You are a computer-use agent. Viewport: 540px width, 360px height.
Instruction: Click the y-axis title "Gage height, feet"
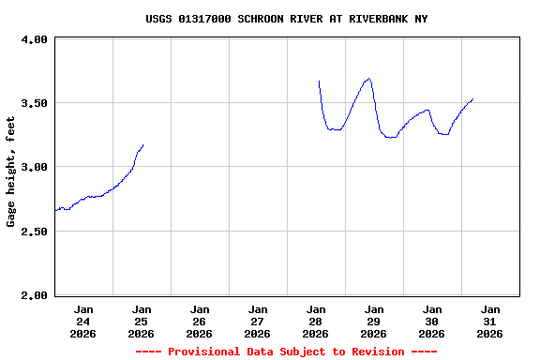click(11, 172)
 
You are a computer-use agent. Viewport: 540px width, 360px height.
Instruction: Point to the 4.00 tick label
click(34, 39)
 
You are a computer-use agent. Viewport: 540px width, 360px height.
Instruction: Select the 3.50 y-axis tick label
click(34, 103)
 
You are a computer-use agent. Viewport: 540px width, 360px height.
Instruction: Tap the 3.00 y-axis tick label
click(34, 167)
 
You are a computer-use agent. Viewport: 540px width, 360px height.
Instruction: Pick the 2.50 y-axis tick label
click(34, 232)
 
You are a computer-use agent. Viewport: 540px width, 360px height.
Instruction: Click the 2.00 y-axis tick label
click(34, 295)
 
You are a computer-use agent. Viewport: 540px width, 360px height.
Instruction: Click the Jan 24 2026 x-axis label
click(83, 321)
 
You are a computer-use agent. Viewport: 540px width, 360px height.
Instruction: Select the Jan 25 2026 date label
click(142, 321)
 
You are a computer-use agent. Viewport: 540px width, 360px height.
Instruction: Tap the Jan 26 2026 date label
click(200, 321)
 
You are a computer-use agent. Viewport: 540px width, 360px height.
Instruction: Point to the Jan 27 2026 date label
click(258, 321)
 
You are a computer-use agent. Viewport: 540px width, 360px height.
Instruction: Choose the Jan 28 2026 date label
click(316, 321)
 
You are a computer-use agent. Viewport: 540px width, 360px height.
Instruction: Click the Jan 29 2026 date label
click(374, 321)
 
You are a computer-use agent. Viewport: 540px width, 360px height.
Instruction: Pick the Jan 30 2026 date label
click(432, 321)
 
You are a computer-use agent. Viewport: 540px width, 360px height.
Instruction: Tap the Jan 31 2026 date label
click(490, 321)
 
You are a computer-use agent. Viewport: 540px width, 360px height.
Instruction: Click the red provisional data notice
click(287, 352)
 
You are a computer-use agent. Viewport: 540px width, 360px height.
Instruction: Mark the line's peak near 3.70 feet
click(369, 79)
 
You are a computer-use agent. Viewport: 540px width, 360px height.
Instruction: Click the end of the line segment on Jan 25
click(142, 145)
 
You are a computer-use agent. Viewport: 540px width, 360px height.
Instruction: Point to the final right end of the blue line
click(472, 98)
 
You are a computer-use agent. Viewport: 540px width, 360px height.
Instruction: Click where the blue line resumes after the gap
click(319, 82)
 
